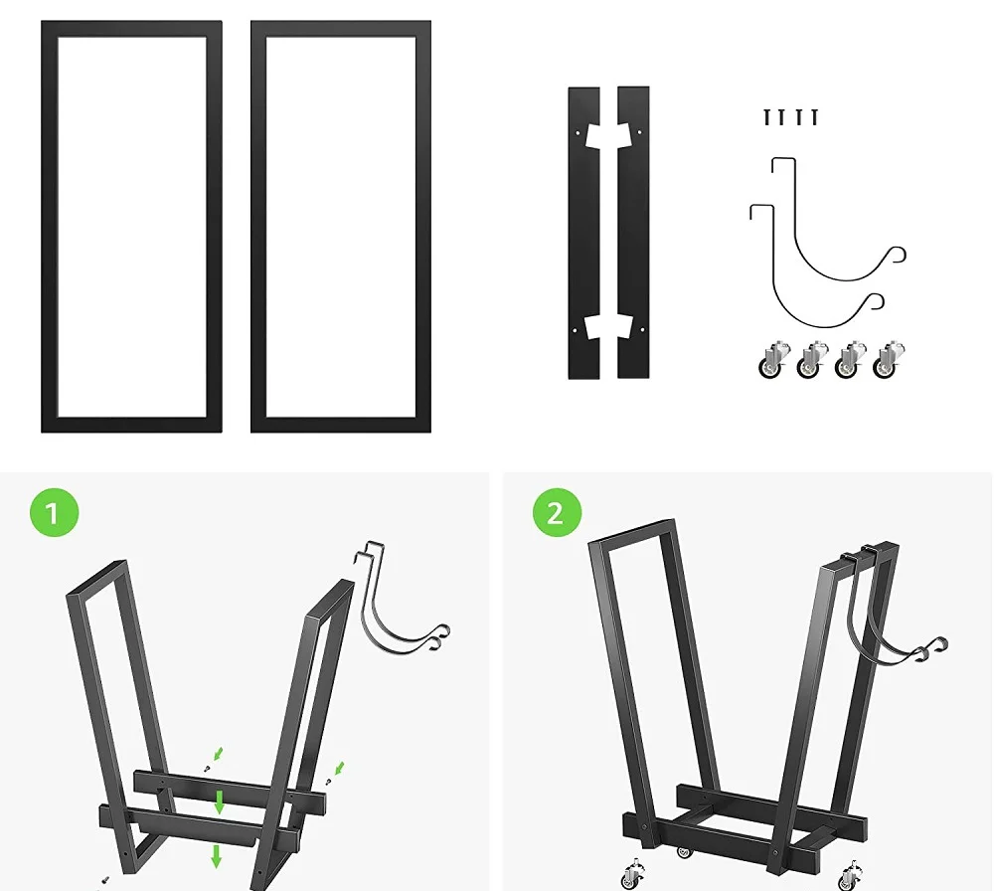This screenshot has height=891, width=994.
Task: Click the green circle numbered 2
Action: tap(555, 514)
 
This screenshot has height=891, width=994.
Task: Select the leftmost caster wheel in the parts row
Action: tap(771, 361)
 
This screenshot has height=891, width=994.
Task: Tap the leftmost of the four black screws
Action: tap(767, 117)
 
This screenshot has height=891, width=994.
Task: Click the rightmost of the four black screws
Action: tap(814, 117)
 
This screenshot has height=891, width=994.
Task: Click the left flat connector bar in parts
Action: tap(583, 232)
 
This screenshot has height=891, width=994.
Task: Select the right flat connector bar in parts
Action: tap(633, 232)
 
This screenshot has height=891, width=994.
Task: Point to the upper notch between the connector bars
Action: tap(608, 132)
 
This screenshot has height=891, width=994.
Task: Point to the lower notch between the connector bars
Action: tap(608, 327)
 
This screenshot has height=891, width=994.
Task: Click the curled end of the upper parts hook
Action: tap(901, 256)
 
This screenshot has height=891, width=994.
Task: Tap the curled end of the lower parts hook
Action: tap(877, 301)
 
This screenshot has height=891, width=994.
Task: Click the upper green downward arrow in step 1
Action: tap(219, 802)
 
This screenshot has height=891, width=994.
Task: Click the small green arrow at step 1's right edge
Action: tap(339, 769)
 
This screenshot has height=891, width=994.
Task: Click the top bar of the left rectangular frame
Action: tap(131, 30)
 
